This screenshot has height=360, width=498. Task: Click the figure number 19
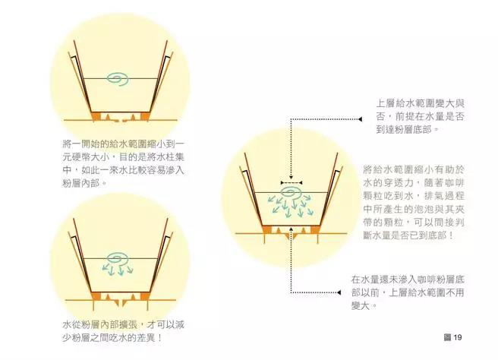[x=458, y=337]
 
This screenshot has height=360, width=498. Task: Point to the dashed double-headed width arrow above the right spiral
[x=292, y=183]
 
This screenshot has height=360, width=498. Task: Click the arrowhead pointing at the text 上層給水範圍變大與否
[x=360, y=119]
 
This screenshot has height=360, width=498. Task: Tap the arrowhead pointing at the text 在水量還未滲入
[x=339, y=292]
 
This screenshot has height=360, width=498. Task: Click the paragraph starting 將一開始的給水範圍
[x=123, y=163]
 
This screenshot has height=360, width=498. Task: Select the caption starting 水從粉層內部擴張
[x=123, y=331]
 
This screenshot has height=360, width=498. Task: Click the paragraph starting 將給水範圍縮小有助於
[x=414, y=202]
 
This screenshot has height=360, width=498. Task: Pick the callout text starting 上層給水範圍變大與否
[x=421, y=116]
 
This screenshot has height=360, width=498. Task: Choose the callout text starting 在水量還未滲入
[x=408, y=292]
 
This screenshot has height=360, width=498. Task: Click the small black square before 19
[x=447, y=337]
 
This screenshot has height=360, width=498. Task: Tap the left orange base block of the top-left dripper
[x=96, y=117]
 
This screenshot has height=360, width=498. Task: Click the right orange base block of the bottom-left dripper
[x=145, y=296]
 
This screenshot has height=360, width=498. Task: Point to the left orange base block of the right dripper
[x=267, y=229]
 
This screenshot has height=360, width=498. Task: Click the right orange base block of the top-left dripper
[x=145, y=117]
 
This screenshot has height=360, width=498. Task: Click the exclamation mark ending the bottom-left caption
[x=159, y=337]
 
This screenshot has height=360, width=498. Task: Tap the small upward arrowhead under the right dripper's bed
[x=291, y=228]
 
